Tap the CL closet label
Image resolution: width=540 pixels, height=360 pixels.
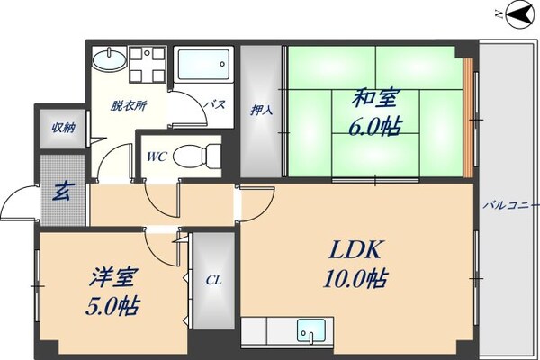213,281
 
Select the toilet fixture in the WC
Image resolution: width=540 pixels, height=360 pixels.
194,156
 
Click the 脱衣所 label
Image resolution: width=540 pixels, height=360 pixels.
130,104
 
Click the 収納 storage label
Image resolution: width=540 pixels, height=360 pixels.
62,128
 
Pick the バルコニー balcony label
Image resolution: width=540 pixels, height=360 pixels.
510,205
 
